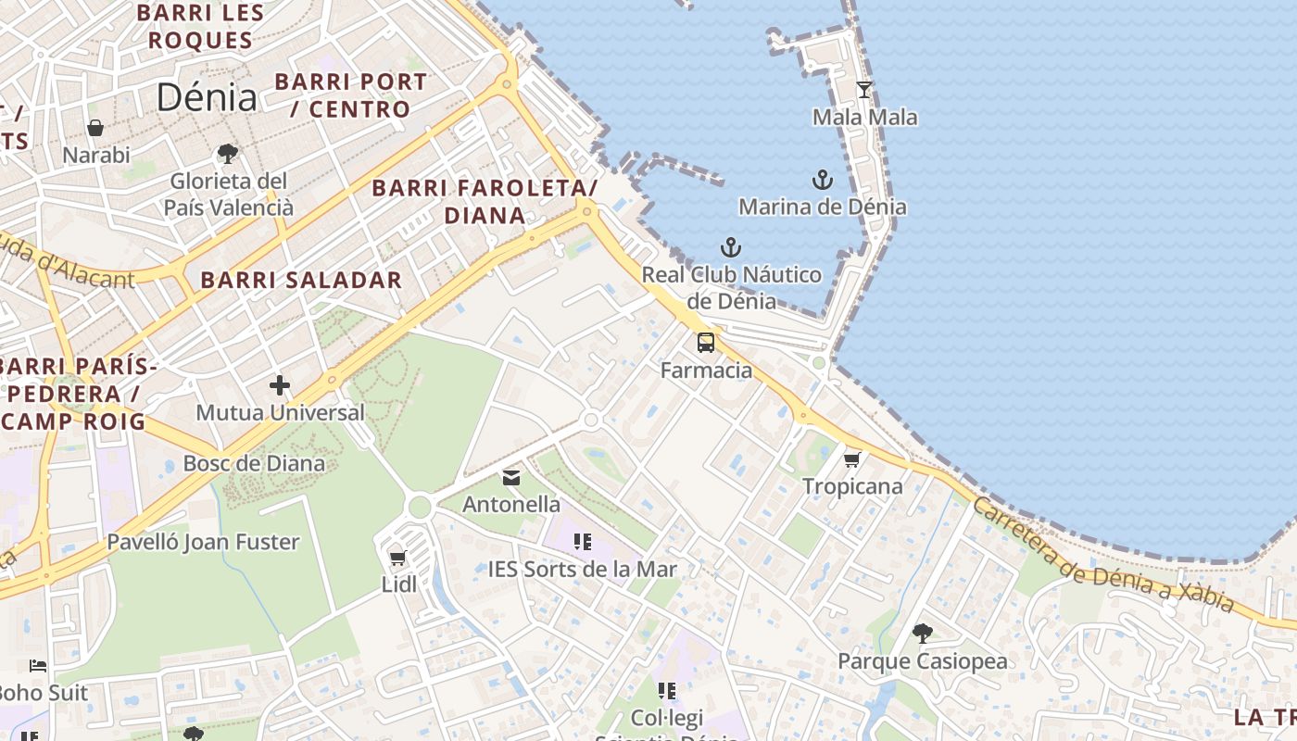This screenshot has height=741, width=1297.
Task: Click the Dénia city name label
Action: click(207, 97)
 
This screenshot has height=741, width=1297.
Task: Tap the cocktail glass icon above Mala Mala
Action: click(864, 90)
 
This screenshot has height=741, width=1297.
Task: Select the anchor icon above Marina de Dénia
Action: click(823, 180)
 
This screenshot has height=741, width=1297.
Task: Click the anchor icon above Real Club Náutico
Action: click(732, 247)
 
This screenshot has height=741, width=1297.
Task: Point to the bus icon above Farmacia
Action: click(706, 343)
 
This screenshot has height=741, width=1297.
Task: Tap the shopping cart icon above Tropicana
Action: click(852, 459)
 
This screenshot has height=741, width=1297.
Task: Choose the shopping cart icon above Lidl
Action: click(398, 558)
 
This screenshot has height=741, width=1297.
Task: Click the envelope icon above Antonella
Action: click(511, 478)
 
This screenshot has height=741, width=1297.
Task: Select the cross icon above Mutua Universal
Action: click(280, 385)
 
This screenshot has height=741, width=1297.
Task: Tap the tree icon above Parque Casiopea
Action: click(922, 634)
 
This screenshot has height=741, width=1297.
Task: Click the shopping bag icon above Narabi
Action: click(95, 128)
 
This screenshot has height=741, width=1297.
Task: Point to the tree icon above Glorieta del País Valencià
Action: click(228, 154)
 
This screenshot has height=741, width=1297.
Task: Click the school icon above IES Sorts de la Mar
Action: click(582, 542)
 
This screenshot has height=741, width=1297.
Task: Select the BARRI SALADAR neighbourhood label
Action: click(301, 280)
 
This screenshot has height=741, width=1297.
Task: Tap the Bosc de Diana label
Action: click(254, 463)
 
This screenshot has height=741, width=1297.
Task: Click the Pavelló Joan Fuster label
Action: click(203, 542)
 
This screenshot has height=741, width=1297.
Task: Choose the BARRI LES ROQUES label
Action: click(200, 27)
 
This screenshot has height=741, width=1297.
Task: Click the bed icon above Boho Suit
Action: click(38, 666)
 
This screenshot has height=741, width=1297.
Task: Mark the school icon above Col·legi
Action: click(667, 691)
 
